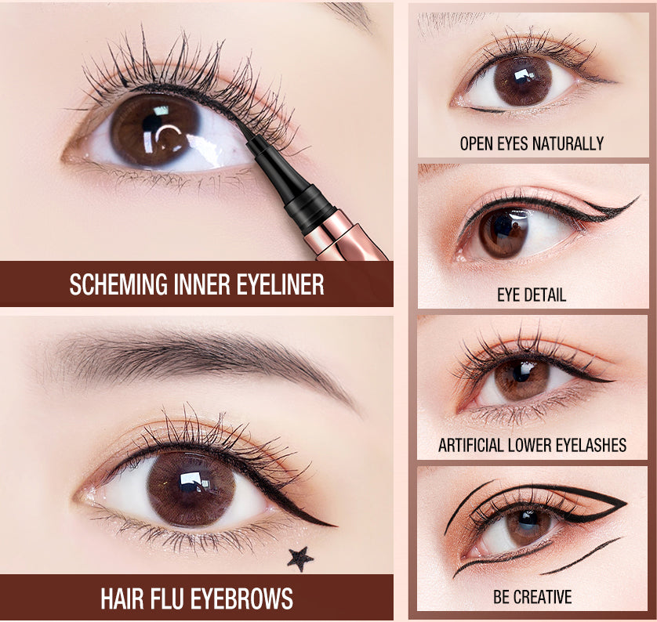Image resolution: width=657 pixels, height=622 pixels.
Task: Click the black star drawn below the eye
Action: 300,559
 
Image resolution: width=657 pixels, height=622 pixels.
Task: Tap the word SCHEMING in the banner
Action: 118,284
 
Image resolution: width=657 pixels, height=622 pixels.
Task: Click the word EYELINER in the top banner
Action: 281,284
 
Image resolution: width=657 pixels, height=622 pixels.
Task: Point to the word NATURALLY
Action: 568,143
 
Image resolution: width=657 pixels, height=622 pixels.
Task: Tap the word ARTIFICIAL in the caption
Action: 471,445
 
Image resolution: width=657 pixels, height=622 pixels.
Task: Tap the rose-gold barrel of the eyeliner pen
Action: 343,234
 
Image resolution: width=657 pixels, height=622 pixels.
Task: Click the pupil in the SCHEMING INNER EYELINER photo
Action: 153,128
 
